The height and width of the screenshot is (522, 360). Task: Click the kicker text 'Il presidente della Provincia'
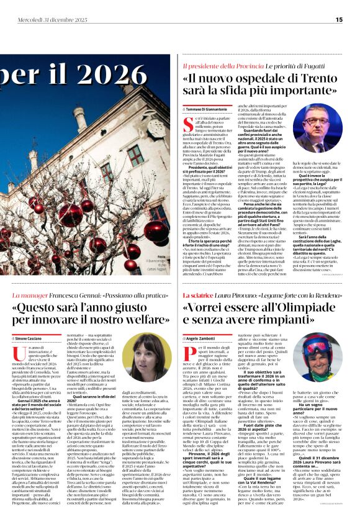pyautogui.click(x=213, y=65)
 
